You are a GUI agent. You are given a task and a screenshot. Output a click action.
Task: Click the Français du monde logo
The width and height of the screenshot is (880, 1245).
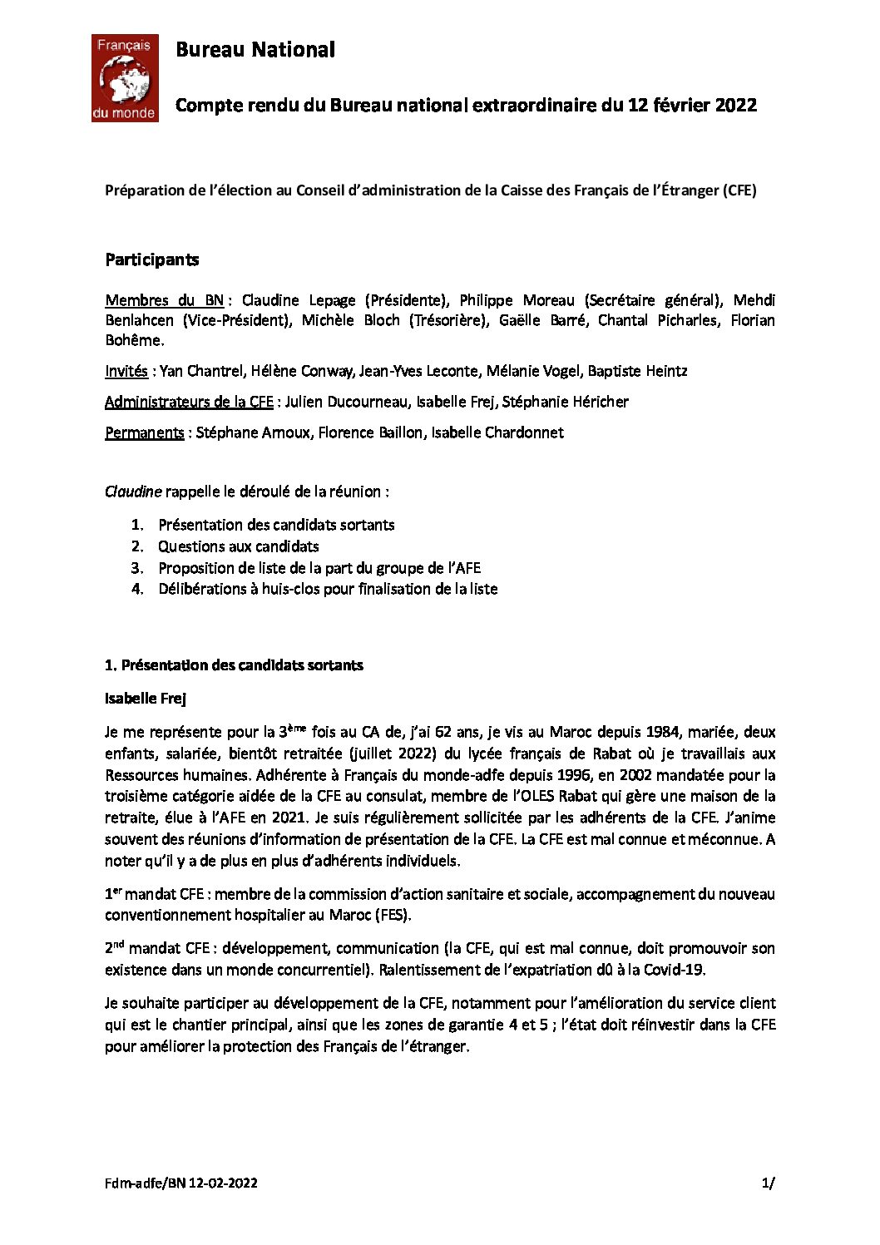coord(124,78)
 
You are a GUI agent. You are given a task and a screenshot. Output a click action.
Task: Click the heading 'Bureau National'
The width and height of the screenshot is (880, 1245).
coord(255,50)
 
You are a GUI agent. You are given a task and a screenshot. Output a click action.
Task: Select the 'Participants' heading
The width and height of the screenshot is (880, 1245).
coord(151,259)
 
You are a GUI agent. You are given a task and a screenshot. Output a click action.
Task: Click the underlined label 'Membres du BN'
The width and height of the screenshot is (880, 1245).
coord(164,300)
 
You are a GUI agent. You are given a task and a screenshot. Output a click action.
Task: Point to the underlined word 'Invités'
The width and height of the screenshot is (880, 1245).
coord(126,371)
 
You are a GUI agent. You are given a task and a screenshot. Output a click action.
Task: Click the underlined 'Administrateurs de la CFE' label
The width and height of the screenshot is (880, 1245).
coord(189,402)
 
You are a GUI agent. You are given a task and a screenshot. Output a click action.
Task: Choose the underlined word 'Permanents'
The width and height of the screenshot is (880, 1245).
coord(144,432)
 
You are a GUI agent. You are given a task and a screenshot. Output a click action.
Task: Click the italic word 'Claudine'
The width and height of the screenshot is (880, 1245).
coord(133,492)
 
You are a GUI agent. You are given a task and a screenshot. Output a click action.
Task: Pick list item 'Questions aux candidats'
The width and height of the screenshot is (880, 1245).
coord(239,546)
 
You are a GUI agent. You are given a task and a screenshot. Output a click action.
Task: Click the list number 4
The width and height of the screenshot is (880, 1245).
coord(137,589)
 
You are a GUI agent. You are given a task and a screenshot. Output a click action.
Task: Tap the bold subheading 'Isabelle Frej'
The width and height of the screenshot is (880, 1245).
coord(146,699)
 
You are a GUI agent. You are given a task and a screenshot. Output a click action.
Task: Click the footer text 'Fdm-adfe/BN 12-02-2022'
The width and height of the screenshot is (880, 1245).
coord(180,1183)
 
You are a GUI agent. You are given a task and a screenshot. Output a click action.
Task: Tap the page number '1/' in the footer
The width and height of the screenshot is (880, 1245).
coord(768,1183)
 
